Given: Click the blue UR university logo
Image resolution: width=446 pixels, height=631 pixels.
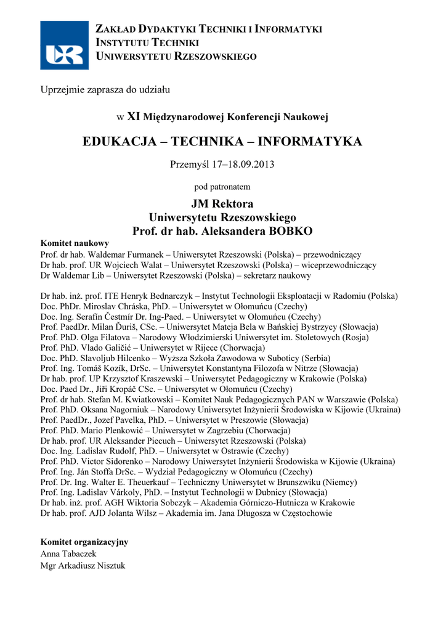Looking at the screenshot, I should click(x=65, y=45).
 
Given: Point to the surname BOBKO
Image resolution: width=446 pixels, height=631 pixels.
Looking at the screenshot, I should click(x=288, y=231).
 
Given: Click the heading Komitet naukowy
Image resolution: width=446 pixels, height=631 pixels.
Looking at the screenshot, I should click(x=74, y=243).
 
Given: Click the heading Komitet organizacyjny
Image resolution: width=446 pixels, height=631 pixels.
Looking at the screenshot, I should click(x=84, y=542).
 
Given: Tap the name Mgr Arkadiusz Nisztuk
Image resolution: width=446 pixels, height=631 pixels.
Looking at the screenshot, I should click(x=82, y=566).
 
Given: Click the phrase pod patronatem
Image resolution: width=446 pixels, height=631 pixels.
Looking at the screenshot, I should click(x=222, y=186).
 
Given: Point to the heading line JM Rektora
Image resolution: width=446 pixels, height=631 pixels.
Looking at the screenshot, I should click(x=222, y=204).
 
